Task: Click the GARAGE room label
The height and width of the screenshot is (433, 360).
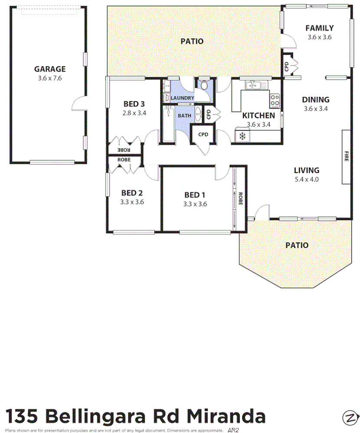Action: (x=50, y=69)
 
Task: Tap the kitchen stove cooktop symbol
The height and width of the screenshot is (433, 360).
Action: (x=275, y=101)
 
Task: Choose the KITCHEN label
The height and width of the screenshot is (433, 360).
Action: (x=259, y=115)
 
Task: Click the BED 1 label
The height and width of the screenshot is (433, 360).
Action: (x=195, y=194)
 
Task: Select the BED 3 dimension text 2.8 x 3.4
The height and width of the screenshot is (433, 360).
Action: (x=134, y=113)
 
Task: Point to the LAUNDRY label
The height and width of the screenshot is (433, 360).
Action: (x=182, y=98)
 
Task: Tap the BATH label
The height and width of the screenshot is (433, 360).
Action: (x=184, y=116)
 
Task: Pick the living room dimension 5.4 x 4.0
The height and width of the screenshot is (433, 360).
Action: (x=306, y=179)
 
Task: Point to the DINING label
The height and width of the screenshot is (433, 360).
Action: (x=315, y=100)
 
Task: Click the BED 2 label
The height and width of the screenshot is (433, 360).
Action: (x=132, y=193)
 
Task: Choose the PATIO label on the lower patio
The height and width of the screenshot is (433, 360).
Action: (x=297, y=245)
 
